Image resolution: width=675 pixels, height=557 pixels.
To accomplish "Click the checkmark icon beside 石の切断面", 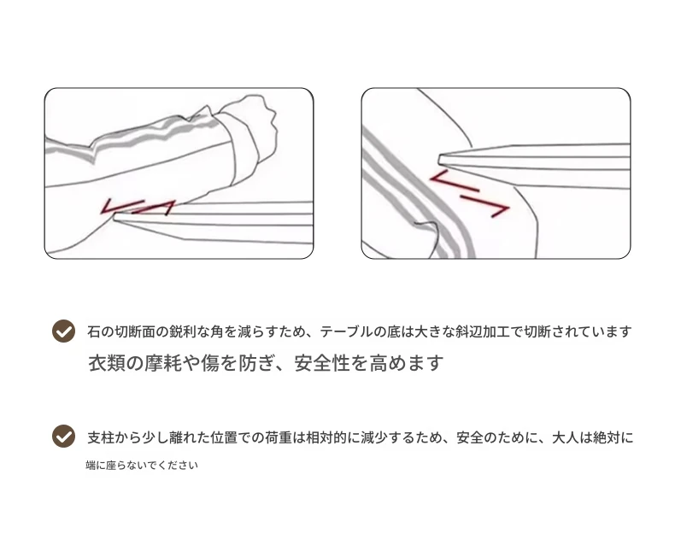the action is tap(64, 331).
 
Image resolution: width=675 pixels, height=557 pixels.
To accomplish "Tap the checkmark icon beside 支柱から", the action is tap(64, 436).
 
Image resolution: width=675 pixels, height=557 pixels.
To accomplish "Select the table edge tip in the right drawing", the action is tap(440, 159).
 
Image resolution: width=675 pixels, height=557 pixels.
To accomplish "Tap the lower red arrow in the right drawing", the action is tap(485, 205).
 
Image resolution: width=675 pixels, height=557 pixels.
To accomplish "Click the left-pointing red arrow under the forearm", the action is tap(121, 205).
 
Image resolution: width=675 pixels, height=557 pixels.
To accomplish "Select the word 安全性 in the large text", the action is tap(322, 363).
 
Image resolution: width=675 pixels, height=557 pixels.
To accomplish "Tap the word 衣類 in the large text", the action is tap(106, 363).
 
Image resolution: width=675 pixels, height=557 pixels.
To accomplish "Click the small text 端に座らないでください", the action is tap(142, 465).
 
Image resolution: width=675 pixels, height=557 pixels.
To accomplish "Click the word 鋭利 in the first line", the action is tap(183, 331).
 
